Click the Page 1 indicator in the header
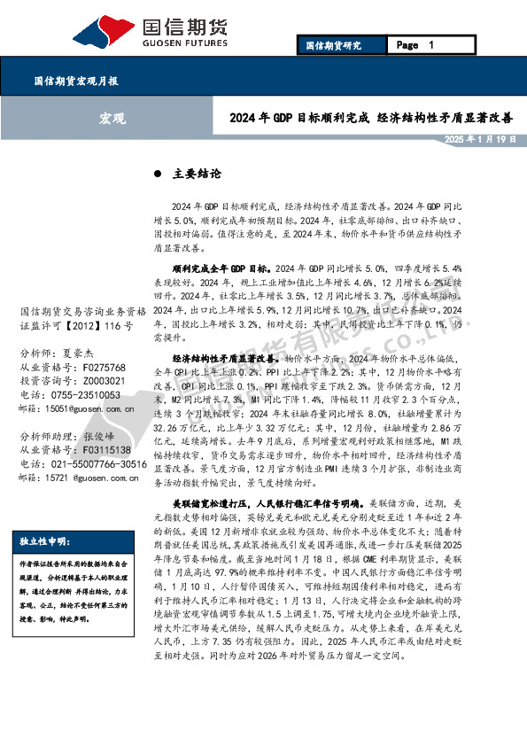coord(415,45)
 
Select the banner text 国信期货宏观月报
coord(76,81)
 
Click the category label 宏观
coord(112,118)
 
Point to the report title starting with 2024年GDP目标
coord(371,118)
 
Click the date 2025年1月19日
coord(480,140)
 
